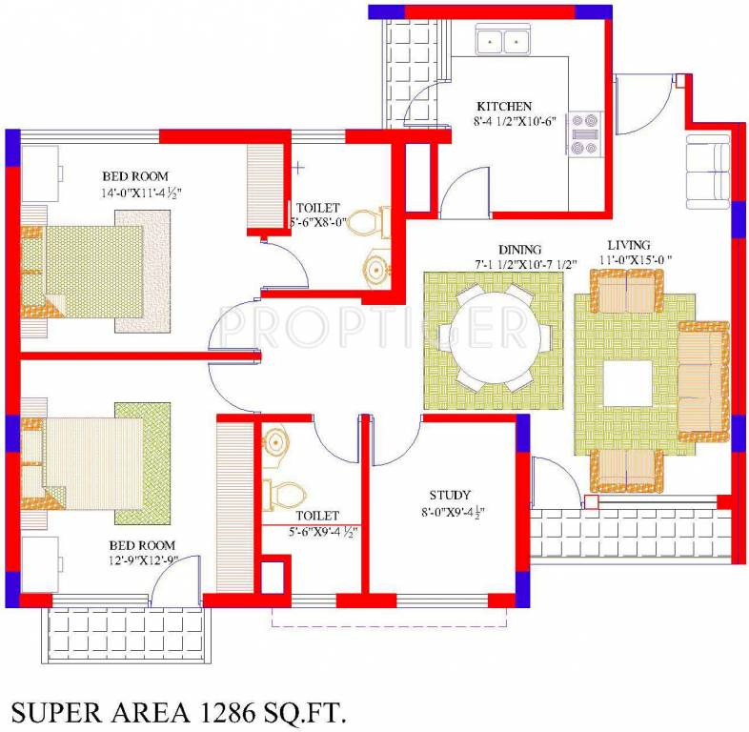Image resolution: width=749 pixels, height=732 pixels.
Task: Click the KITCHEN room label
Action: pos(504,106)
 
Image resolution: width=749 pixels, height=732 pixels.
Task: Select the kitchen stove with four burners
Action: pos(583,133)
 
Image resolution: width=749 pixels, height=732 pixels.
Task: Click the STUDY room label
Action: pos(449,495)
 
